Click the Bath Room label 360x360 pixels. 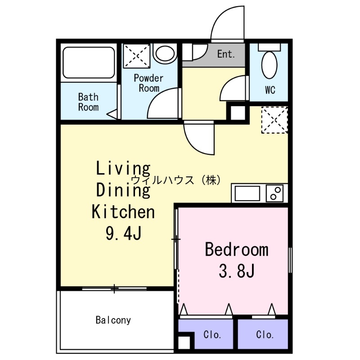point(88,102)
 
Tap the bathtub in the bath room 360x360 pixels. point(89,63)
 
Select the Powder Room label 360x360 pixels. point(148,83)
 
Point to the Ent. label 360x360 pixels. point(226,54)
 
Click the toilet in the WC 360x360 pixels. point(270,65)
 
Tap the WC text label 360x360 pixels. point(270,90)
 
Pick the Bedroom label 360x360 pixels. point(236,249)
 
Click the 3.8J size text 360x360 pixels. point(237,271)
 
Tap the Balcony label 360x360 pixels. point(113,320)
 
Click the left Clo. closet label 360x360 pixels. point(212,335)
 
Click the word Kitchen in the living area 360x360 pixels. point(123,211)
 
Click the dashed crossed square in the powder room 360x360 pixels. point(137,55)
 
